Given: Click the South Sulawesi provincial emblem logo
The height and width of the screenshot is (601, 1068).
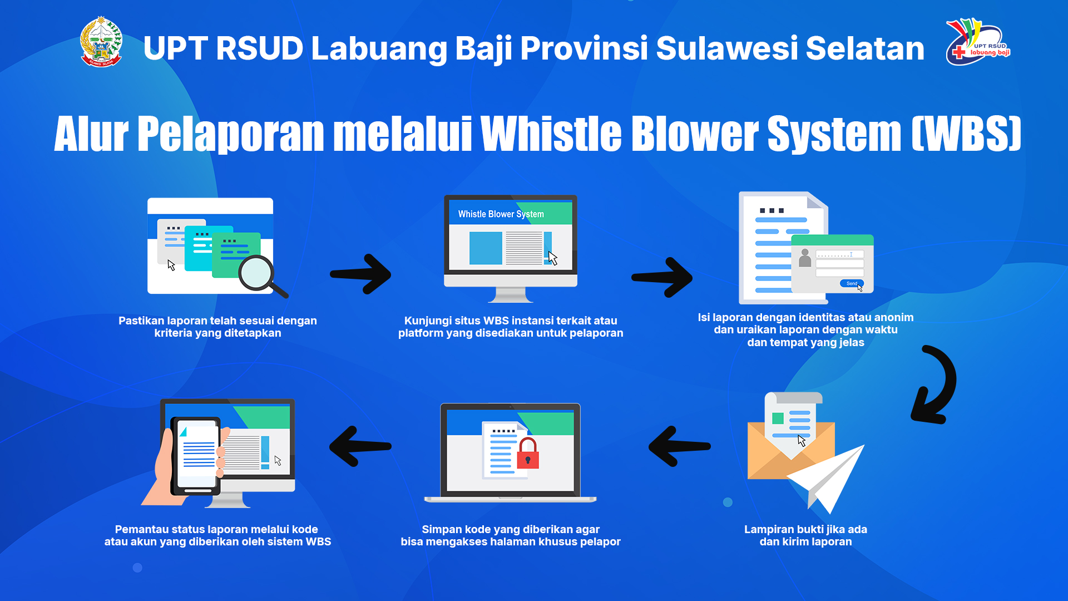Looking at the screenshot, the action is coord(101,42).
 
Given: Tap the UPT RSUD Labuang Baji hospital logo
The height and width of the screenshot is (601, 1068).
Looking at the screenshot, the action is coord(978,42).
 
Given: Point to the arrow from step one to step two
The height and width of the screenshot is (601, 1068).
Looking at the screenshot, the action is coord(360,274).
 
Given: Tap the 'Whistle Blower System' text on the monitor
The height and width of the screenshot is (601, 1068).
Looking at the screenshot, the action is coord(501,214).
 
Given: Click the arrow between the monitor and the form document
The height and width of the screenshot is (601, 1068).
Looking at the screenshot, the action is coord(662,277).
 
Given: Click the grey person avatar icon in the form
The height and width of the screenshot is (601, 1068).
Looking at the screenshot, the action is coord(804,258).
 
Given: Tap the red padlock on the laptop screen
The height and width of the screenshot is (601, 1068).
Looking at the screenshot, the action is coord(528,453).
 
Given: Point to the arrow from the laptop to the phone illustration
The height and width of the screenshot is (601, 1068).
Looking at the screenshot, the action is coord(360,446).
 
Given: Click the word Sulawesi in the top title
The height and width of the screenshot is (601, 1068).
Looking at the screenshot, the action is coord(726,48).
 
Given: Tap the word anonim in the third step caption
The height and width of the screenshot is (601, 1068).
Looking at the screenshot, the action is coord(894,317).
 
